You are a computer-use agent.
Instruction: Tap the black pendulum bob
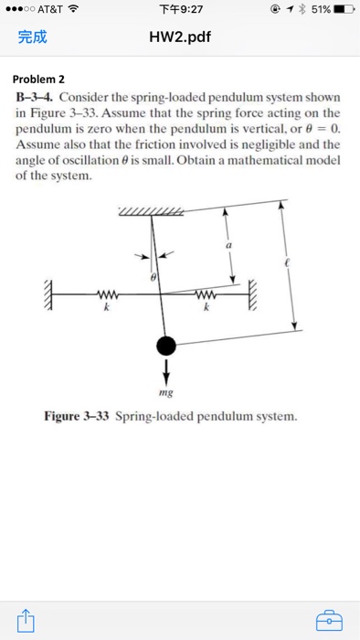pyautogui.click(x=166, y=346)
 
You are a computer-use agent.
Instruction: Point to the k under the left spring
pyautogui.click(x=107, y=310)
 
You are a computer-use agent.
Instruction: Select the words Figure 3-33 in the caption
pyautogui.click(x=77, y=416)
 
